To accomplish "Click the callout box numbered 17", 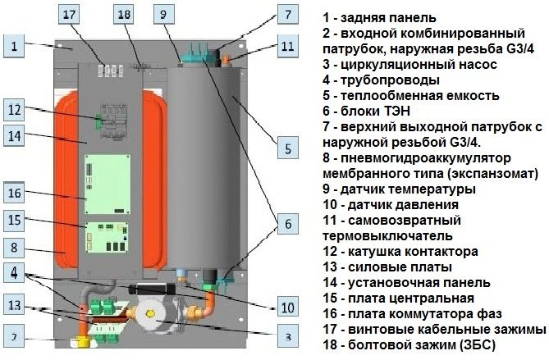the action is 69,14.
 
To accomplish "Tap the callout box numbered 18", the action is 124,14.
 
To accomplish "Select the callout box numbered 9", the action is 163,14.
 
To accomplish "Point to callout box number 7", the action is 288,14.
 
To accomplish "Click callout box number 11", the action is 288,46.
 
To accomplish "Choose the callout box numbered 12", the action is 14,110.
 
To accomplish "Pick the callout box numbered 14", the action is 14,135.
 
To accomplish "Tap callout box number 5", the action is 288,148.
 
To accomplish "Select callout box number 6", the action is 288,224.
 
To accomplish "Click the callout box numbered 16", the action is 14,193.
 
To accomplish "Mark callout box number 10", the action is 288,308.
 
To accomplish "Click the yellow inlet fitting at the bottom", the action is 83,341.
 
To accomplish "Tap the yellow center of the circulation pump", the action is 151,314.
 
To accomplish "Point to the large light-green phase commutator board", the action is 108,184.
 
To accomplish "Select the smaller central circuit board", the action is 108,237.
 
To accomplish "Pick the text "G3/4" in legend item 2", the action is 519,48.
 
